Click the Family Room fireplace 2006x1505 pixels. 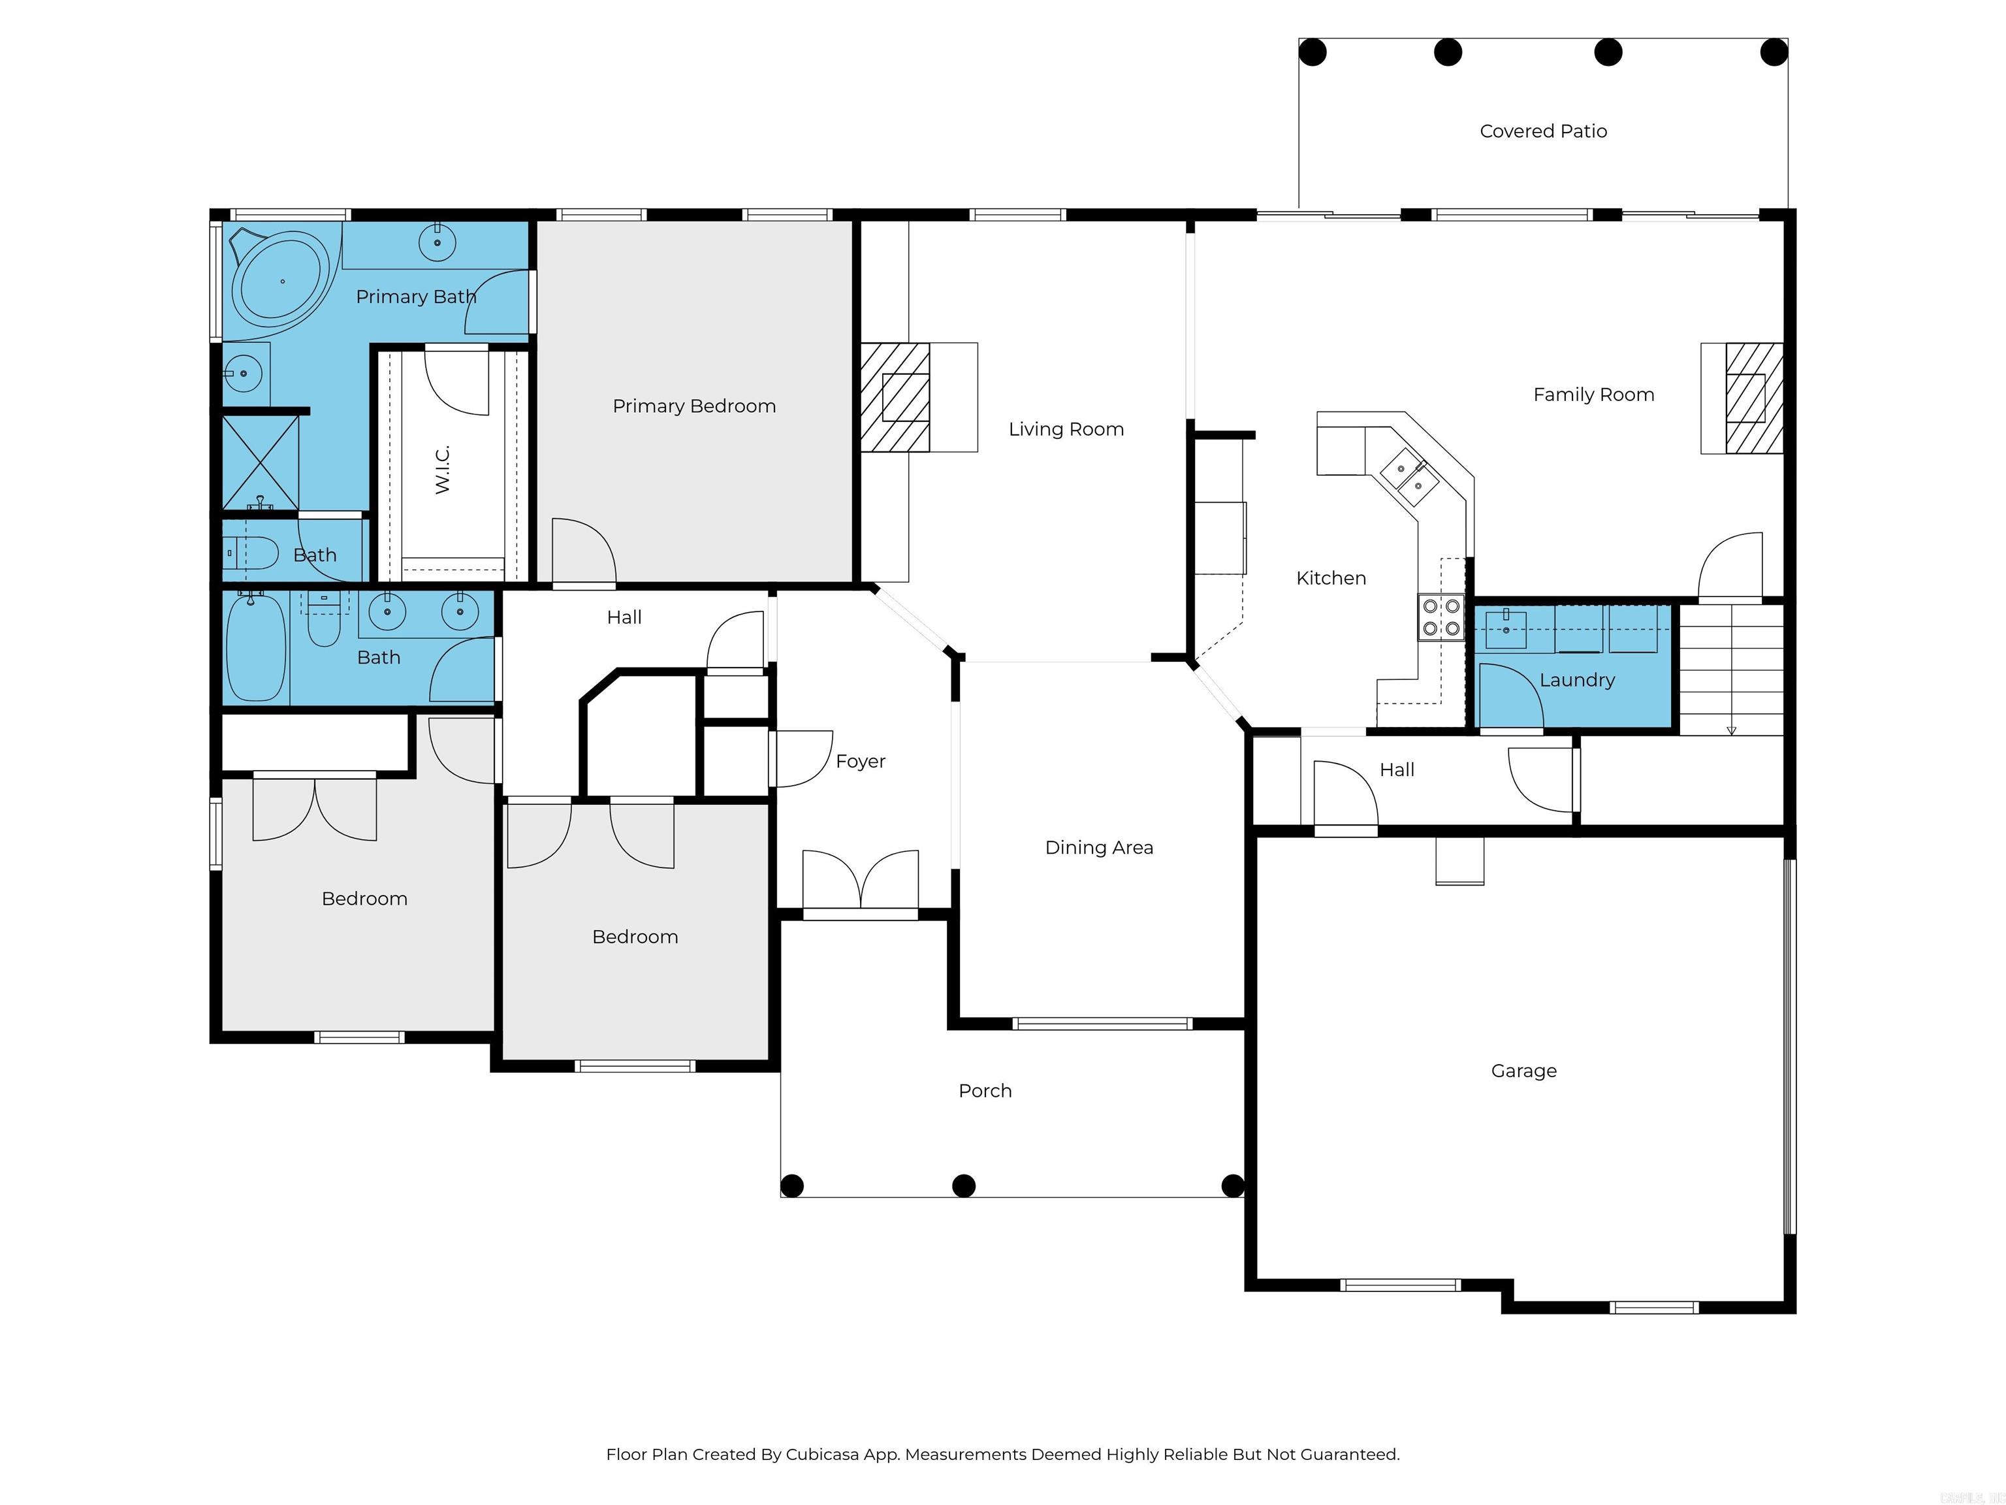click(x=1742, y=398)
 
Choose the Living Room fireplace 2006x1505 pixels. click(x=917, y=396)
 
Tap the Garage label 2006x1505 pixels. click(x=1523, y=1071)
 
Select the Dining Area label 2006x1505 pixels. click(x=1099, y=847)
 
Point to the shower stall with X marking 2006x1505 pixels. click(x=261, y=462)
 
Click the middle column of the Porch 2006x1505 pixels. click(x=964, y=1186)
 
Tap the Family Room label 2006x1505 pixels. click(x=1593, y=395)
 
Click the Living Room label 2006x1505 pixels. click(x=1066, y=429)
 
